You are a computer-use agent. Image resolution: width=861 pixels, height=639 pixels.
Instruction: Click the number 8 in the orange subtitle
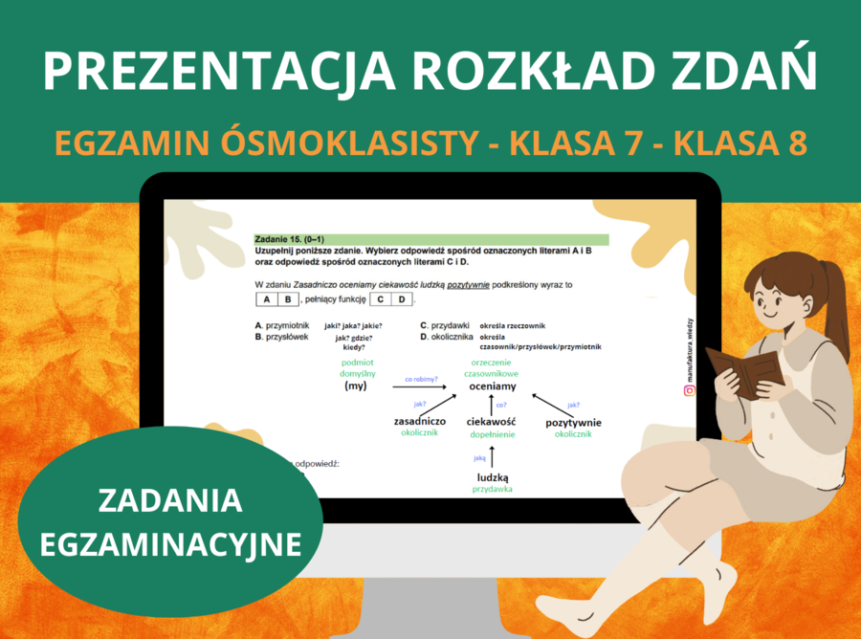pyautogui.click(x=796, y=143)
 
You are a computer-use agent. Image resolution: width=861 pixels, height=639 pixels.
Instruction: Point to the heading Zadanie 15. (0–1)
pyautogui.click(x=287, y=238)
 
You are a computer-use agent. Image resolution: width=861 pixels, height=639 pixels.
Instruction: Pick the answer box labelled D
pyautogui.click(x=403, y=299)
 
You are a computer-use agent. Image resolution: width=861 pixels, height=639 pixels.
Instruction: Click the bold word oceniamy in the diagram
pyautogui.click(x=493, y=386)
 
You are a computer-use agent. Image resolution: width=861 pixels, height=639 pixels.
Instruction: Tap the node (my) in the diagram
pyautogui.click(x=356, y=386)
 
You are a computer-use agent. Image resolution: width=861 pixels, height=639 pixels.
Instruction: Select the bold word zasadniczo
pyautogui.click(x=419, y=422)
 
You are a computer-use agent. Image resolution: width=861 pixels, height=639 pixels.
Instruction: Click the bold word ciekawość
pyautogui.click(x=492, y=422)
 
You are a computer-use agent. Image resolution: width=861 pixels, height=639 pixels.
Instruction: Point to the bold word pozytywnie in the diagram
pyautogui.click(x=573, y=422)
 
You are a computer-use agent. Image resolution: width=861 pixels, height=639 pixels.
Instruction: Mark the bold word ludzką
pyautogui.click(x=492, y=477)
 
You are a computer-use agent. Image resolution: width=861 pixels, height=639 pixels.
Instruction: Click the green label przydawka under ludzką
pyautogui.click(x=492, y=490)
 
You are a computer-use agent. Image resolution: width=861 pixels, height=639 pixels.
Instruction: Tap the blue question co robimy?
pyautogui.click(x=421, y=379)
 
